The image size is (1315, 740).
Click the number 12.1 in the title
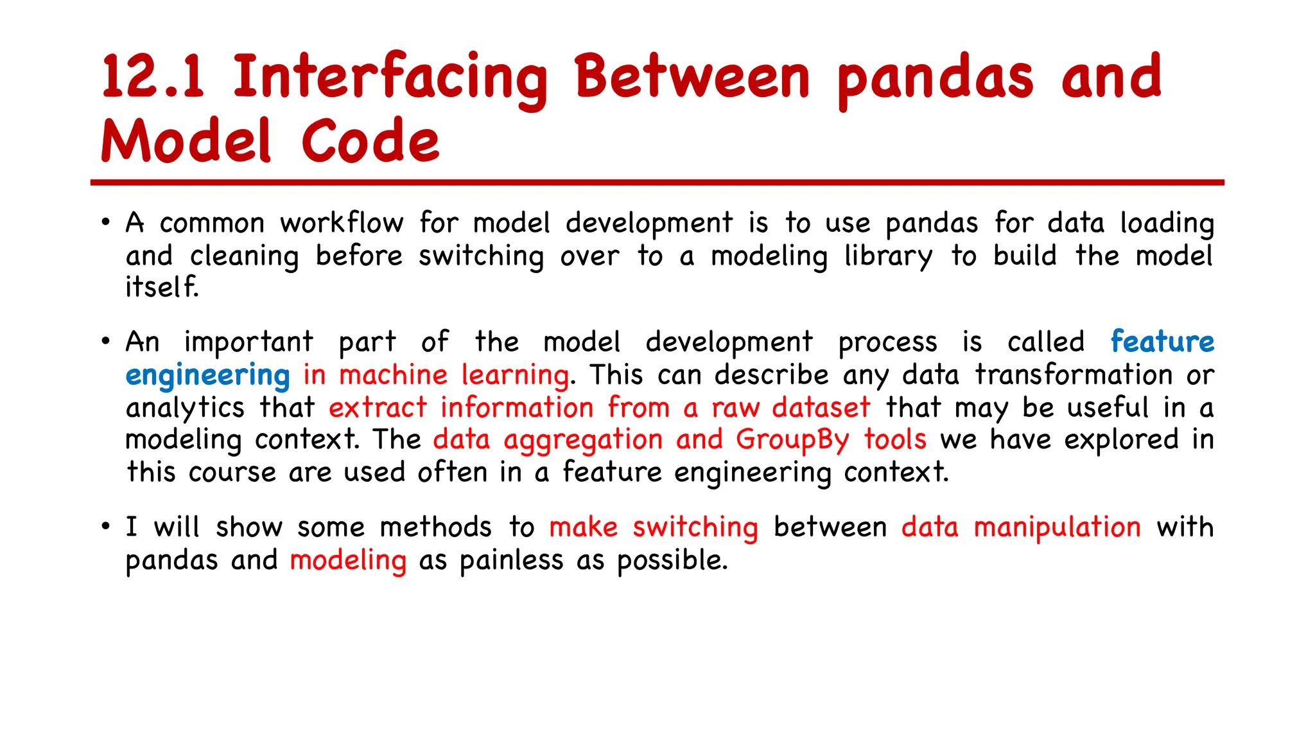pos(153,77)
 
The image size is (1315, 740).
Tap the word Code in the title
pos(370,142)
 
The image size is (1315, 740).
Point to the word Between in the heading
pos(692,77)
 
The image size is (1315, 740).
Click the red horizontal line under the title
pos(657,183)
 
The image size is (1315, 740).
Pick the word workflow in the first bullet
pos(342,224)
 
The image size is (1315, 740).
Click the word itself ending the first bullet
pos(161,287)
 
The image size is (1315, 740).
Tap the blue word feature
pos(1162,342)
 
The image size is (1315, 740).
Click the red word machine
pos(393,375)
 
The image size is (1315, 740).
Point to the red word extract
pos(378,408)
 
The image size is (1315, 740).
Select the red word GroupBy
pos(792,441)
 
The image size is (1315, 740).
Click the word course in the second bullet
pos(232,473)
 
